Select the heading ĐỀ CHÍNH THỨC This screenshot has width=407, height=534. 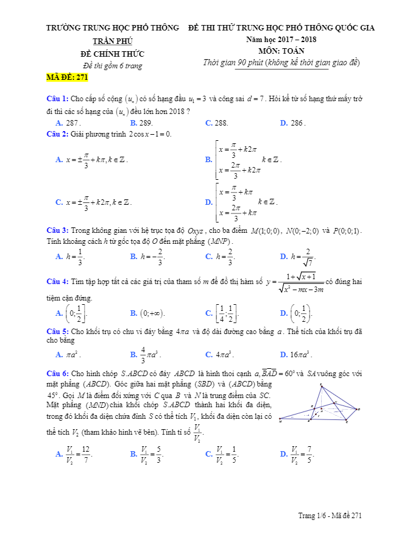112,54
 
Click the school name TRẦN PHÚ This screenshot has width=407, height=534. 112,40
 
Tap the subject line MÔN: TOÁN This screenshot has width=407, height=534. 281,51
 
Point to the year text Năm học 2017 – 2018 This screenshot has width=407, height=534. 281,40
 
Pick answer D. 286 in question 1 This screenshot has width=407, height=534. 292,123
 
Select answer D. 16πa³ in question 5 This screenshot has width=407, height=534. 297,354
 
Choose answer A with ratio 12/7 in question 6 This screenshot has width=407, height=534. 74,454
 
